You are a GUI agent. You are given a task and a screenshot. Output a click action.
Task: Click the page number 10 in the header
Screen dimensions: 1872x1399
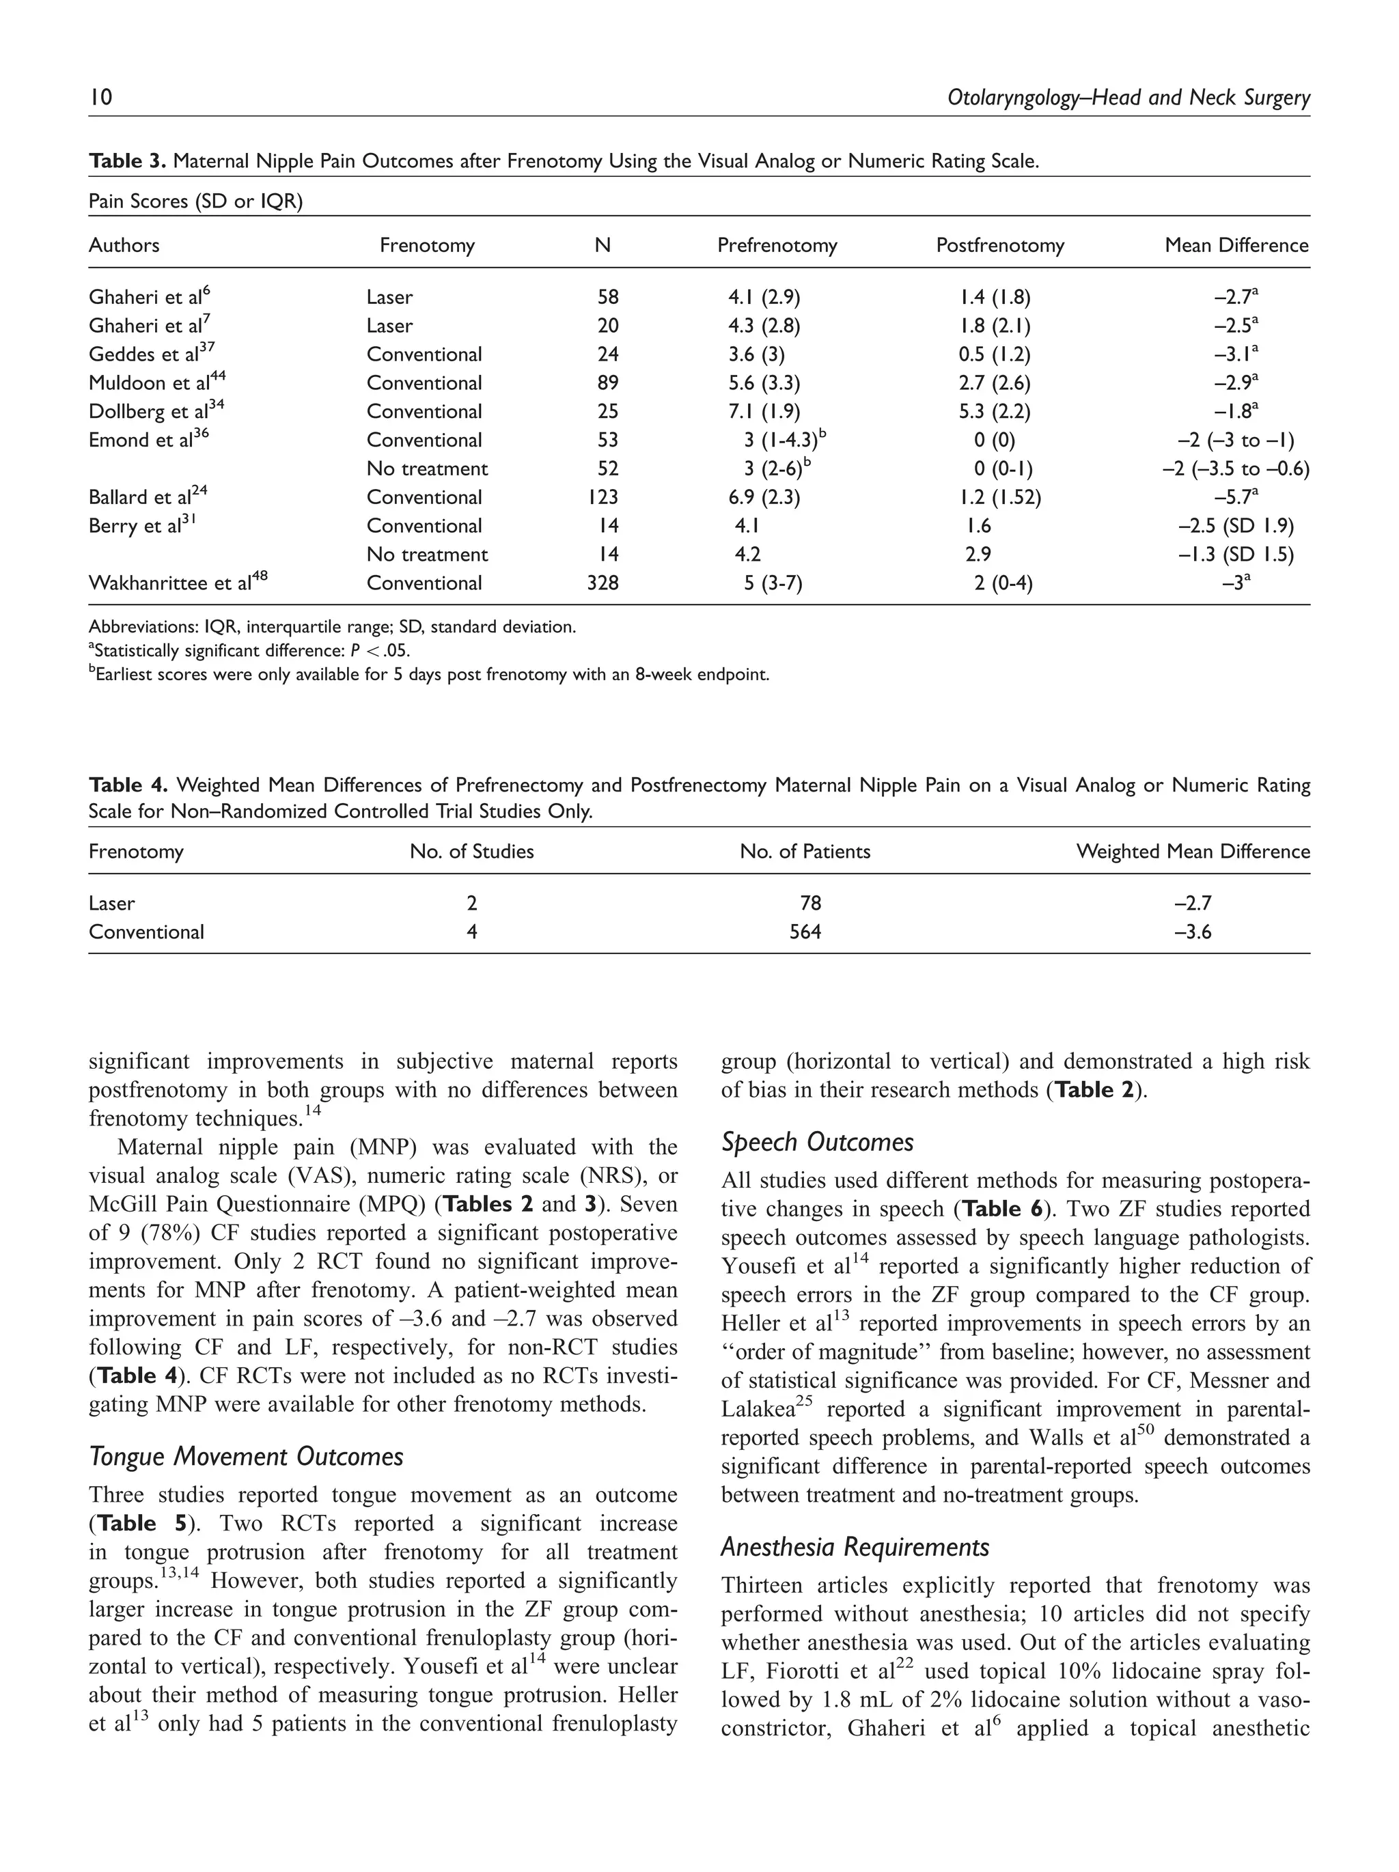point(100,98)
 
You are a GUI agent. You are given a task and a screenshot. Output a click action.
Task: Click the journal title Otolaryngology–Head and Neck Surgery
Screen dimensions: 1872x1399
point(1128,98)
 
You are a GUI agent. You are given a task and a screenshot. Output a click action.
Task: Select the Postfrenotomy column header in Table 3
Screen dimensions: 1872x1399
point(999,245)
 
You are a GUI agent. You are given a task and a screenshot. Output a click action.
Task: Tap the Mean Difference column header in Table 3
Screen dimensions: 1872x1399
point(1236,245)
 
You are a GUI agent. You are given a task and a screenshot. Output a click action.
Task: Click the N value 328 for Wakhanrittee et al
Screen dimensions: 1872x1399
point(602,583)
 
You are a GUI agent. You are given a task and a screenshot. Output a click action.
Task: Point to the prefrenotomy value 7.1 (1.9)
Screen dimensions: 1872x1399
point(764,411)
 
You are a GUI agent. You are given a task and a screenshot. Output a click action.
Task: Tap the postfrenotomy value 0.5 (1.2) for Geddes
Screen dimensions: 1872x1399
point(994,354)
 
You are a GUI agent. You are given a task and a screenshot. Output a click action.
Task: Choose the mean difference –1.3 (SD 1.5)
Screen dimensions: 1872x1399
point(1235,555)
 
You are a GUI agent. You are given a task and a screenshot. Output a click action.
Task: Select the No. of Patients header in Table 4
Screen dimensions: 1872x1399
point(804,852)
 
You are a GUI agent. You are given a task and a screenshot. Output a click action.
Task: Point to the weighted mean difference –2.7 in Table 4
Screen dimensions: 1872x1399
point(1193,903)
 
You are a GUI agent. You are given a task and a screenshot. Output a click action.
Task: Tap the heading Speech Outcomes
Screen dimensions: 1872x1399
point(817,1142)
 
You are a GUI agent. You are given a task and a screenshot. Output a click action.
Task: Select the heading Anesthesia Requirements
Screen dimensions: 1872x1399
point(854,1547)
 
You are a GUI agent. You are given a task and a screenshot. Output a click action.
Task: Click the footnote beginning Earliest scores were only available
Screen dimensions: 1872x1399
point(429,675)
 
